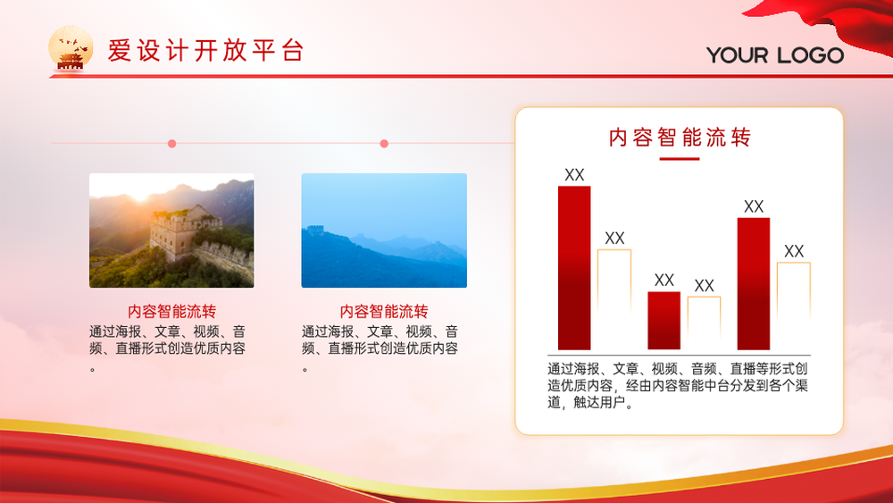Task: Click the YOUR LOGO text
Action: [775, 55]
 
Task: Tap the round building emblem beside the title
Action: [71, 48]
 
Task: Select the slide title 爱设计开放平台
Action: [206, 50]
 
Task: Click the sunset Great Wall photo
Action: [171, 231]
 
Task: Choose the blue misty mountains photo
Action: [384, 231]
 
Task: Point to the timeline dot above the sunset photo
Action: [172, 144]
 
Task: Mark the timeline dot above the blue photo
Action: [384, 144]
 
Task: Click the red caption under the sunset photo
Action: [171, 312]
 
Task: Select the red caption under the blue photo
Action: [384, 312]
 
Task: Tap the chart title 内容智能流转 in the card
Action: [680, 138]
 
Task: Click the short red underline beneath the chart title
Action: [680, 159]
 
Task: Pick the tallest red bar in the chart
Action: [574, 268]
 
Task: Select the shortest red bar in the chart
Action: [664, 321]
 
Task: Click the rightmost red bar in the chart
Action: [754, 284]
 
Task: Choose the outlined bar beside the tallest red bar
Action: [614, 281]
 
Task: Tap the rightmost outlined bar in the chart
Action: [794, 291]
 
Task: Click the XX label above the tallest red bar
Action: [574, 175]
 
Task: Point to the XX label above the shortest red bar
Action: [664, 281]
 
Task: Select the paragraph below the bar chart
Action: [678, 386]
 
